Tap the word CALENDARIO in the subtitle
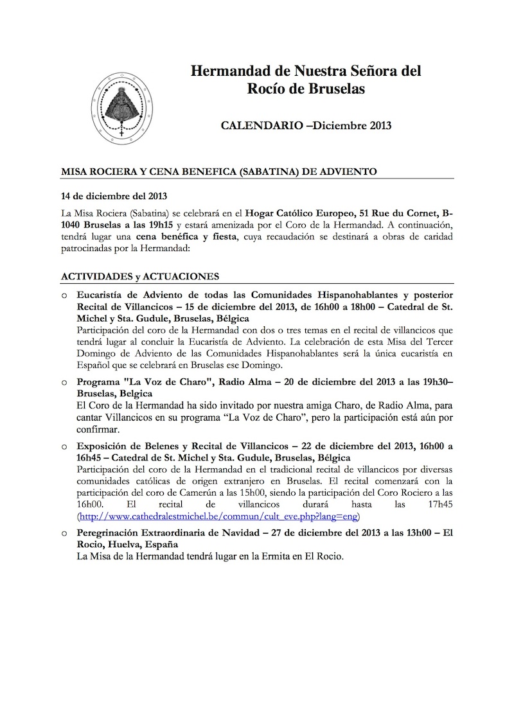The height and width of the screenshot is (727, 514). tap(258, 126)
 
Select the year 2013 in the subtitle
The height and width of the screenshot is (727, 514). tap(377, 126)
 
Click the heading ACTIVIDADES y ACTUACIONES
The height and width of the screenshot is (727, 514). tap(140, 276)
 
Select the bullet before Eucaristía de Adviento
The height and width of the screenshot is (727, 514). tap(64, 295)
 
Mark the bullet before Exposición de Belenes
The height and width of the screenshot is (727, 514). tap(64, 445)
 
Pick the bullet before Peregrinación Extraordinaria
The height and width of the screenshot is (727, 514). tap(64, 533)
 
